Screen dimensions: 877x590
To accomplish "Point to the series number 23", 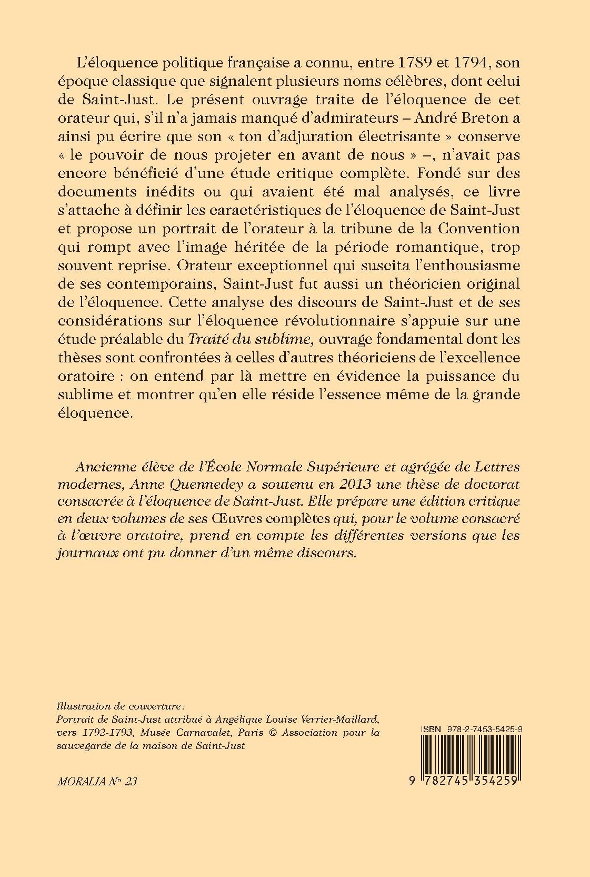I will tap(132, 782).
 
